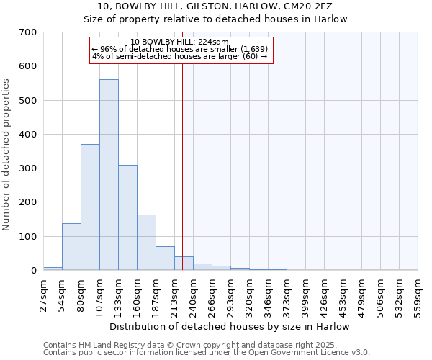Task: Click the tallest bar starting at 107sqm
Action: tap(109, 175)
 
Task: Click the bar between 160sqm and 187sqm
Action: tap(146, 243)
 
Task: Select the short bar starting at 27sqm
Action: tap(53, 269)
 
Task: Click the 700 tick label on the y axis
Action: tap(28, 32)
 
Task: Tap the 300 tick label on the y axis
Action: tap(28, 168)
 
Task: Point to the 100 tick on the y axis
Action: tap(28, 237)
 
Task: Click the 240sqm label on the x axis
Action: tap(193, 294)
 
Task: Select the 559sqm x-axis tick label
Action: tap(418, 294)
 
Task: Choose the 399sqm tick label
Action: tap(305, 294)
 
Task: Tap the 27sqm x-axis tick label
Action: tap(43, 294)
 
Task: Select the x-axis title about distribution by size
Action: tap(230, 326)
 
